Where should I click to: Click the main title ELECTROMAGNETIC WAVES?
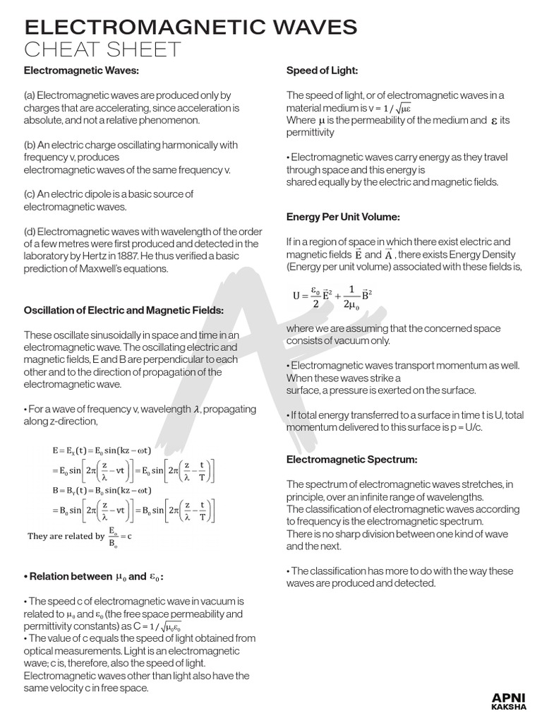coord(191,28)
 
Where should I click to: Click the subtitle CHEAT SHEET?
coord(103,51)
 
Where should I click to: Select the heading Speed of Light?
coord(322,71)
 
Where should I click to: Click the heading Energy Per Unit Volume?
coord(343,216)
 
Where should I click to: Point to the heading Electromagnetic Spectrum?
coord(351,460)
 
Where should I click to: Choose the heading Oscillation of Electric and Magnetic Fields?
coord(124,310)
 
